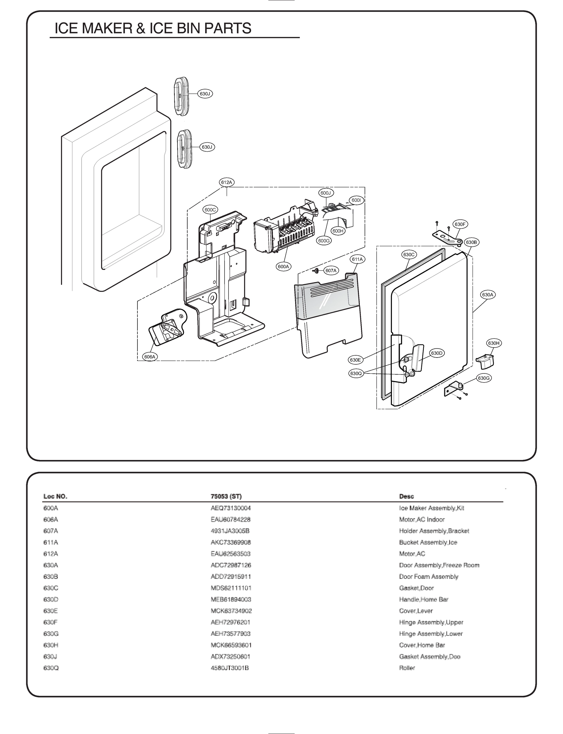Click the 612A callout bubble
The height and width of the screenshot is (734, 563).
click(x=227, y=182)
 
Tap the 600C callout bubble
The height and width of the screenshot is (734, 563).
click(x=210, y=210)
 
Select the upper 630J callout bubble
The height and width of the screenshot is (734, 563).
click(x=205, y=94)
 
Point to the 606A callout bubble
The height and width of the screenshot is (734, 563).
click(x=149, y=357)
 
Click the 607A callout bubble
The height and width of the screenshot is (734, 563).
click(x=331, y=270)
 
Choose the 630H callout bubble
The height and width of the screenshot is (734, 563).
click(x=494, y=343)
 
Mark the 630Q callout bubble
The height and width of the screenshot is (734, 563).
click(x=356, y=373)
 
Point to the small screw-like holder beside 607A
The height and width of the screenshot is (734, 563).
click(x=316, y=270)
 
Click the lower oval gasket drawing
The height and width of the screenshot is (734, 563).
click(x=184, y=148)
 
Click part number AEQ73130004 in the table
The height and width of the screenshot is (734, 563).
click(x=231, y=508)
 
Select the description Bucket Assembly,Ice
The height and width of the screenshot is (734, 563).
click(x=428, y=542)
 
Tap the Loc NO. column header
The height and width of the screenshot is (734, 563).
click(x=55, y=496)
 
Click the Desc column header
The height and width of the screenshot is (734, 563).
click(x=406, y=496)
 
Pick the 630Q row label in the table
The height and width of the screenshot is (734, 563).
click(x=51, y=668)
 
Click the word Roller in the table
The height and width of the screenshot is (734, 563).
click(x=407, y=668)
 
